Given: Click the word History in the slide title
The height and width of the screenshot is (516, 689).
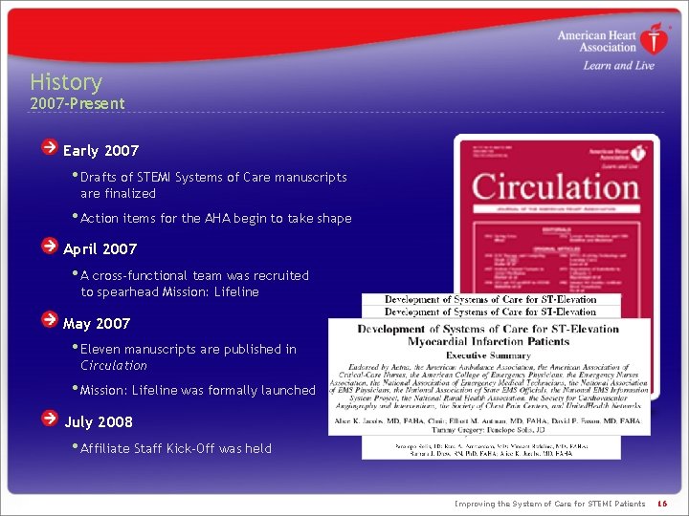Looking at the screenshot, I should click(x=65, y=82).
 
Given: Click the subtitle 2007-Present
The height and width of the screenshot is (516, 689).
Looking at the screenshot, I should click(x=77, y=103).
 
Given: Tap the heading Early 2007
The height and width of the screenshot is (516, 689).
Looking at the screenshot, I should click(x=100, y=150).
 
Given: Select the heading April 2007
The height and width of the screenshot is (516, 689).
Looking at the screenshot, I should click(x=100, y=249).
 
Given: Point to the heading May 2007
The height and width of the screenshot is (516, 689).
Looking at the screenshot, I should click(x=97, y=323).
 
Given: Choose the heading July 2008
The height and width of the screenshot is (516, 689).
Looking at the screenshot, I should click(x=99, y=421).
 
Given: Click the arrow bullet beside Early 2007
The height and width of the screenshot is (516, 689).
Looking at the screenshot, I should click(x=49, y=148).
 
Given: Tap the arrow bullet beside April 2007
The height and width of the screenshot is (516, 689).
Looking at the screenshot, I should click(x=49, y=247).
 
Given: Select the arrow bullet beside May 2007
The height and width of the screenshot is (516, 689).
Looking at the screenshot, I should click(x=49, y=320).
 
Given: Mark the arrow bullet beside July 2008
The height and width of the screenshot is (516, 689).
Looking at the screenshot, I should click(x=49, y=419).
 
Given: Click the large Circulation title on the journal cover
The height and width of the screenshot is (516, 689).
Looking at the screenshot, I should click(x=554, y=185).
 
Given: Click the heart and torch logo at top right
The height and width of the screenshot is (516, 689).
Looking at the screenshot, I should click(x=655, y=41).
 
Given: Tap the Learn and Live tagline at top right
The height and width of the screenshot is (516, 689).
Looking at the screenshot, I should click(x=618, y=65).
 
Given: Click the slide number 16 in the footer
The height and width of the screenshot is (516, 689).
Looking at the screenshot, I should click(x=661, y=504).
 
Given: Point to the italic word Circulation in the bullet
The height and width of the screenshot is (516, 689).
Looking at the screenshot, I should click(x=114, y=365).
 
